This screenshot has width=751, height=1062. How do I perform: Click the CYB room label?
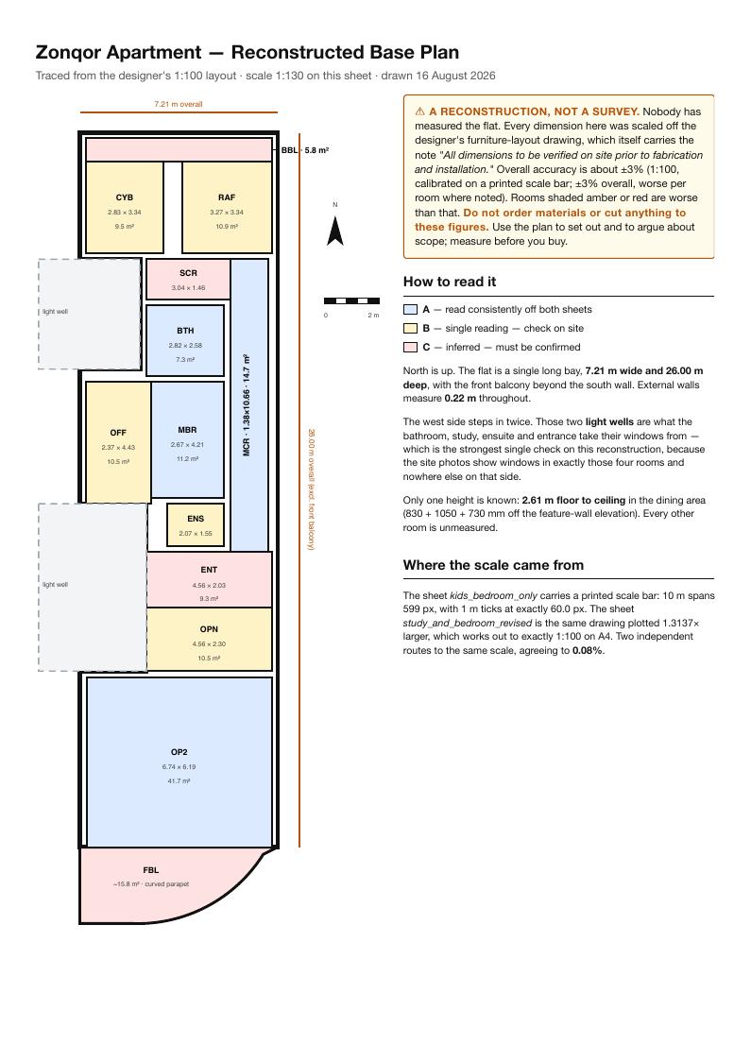(125, 197)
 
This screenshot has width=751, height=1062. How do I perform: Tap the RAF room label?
(227, 197)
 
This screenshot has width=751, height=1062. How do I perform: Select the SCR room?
(188, 279)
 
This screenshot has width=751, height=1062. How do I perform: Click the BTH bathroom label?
(185, 331)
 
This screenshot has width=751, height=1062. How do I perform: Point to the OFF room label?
(118, 433)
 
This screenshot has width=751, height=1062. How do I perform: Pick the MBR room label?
(188, 430)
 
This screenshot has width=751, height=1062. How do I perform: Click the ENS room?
(196, 525)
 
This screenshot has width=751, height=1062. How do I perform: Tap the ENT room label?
(210, 571)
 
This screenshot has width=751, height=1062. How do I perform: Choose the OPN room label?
(210, 630)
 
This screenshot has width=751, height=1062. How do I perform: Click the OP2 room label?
(179, 752)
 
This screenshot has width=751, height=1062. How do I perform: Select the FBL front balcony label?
(151, 870)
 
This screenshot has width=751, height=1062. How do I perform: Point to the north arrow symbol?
(335, 231)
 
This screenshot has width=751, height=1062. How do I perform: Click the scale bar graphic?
(351, 300)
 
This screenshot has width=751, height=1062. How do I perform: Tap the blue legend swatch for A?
(410, 310)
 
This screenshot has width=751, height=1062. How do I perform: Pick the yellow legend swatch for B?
(410, 329)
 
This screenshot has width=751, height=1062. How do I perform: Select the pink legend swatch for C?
(410, 348)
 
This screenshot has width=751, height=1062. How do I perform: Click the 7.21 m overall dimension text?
(179, 104)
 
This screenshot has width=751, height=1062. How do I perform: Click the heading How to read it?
(450, 282)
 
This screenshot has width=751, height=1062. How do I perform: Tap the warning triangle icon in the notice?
(419, 111)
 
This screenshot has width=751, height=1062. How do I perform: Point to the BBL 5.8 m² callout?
(305, 150)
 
